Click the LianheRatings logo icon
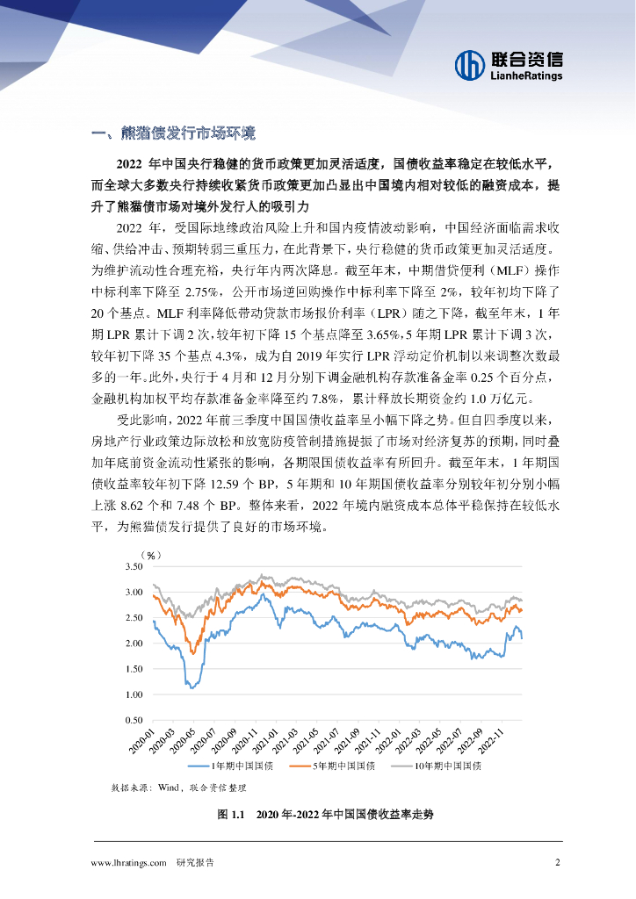[x=470, y=63]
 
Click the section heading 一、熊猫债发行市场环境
[x=174, y=133]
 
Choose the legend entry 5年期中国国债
[x=342, y=766]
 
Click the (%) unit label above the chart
[x=150, y=555]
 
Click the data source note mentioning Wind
[x=184, y=788]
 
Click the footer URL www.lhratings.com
[x=129, y=862]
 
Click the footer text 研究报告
[x=195, y=862]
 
